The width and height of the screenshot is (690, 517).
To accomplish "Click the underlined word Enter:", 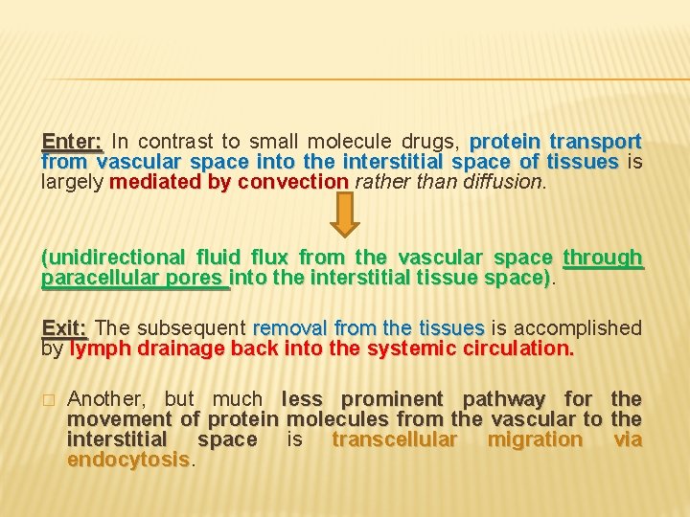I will pyautogui.click(x=72, y=142).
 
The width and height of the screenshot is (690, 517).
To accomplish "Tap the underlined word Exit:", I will pyautogui.click(x=65, y=327).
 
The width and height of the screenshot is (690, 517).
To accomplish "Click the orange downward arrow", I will pyautogui.click(x=345, y=213).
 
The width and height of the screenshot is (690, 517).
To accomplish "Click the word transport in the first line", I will pyautogui.click(x=594, y=142).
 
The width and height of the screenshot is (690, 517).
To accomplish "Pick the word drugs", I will pyautogui.click(x=435, y=142).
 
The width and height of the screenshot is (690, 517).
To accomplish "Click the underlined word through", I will pyautogui.click(x=603, y=258).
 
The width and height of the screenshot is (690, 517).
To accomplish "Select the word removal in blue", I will pyautogui.click(x=287, y=327).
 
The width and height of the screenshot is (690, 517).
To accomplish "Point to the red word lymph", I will pyautogui.click(x=100, y=348).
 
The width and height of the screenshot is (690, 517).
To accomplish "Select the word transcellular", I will pyautogui.click(x=395, y=439).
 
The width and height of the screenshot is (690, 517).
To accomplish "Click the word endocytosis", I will pyautogui.click(x=128, y=460).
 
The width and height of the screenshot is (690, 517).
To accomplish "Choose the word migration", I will pyautogui.click(x=535, y=439).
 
